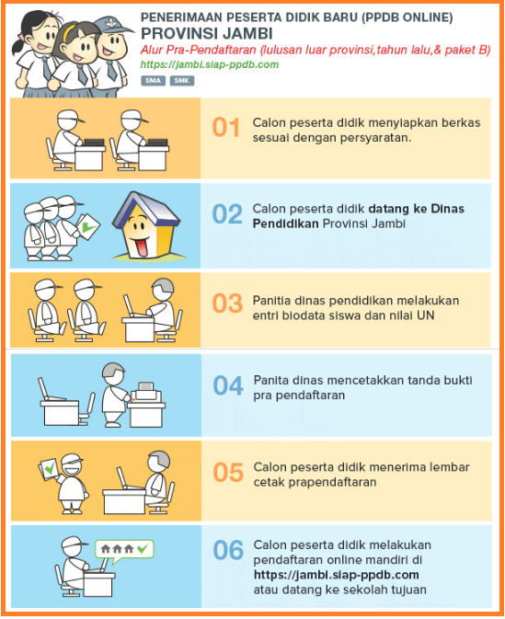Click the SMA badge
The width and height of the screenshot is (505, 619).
(153, 81)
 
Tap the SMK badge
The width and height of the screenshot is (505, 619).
(181, 81)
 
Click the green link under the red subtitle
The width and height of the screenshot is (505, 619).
(210, 64)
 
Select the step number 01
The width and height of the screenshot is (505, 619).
(226, 128)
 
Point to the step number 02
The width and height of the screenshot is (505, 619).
(227, 214)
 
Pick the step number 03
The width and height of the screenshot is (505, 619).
(227, 304)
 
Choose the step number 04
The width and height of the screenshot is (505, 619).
(228, 385)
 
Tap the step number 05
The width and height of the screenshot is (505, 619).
(228, 473)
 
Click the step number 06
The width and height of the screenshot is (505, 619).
(228, 550)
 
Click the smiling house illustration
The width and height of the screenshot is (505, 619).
(145, 225)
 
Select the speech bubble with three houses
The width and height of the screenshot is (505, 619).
(124, 551)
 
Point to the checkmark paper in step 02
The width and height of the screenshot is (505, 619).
(87, 226)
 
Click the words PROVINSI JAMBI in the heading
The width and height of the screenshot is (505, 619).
(207, 34)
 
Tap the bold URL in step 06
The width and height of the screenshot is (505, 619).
(336, 575)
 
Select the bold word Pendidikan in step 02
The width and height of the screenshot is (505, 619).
(285, 224)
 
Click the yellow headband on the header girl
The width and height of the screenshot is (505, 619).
(70, 30)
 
